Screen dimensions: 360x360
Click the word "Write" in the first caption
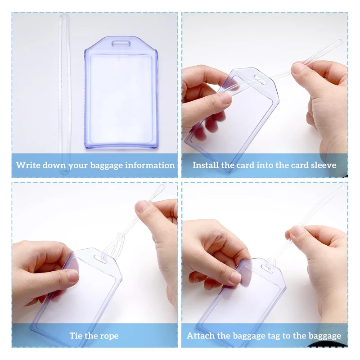(x=27, y=165)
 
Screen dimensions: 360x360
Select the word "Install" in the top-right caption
(x=206, y=165)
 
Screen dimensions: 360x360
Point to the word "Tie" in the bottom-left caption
(x=76, y=336)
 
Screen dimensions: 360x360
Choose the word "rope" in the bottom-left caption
(x=108, y=336)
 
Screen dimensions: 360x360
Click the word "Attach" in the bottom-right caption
(x=200, y=336)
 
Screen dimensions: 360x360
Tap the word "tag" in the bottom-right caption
(x=265, y=336)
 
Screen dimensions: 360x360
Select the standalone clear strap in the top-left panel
(x=64, y=90)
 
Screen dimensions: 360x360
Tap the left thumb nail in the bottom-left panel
(x=72, y=275)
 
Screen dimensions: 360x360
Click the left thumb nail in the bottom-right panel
(x=234, y=278)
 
